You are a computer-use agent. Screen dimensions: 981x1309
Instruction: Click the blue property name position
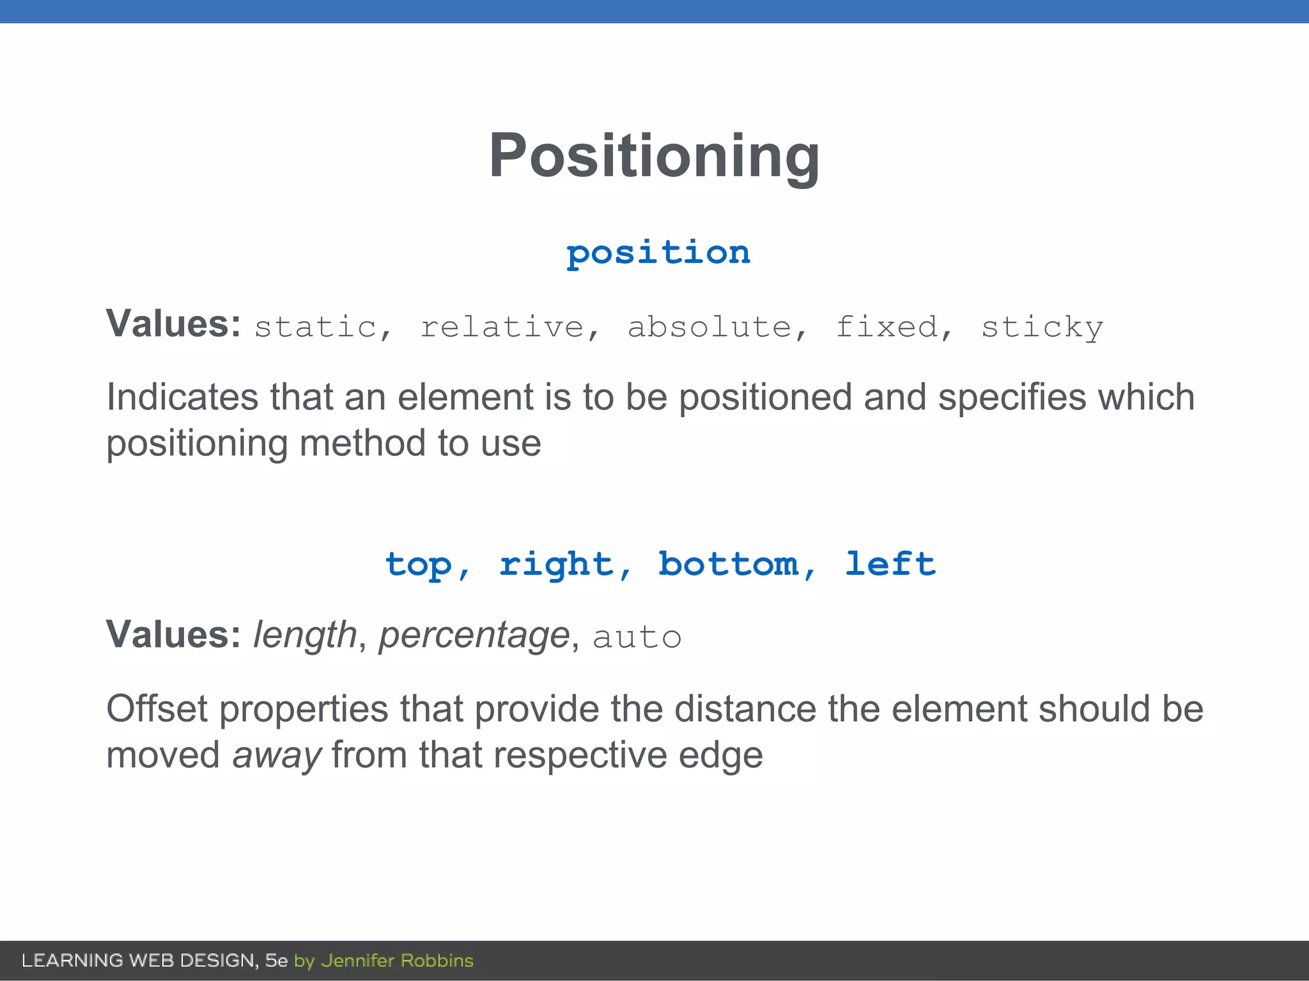point(658,253)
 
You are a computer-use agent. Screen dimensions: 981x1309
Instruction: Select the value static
point(315,327)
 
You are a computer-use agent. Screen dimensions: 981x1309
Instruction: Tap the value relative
point(502,327)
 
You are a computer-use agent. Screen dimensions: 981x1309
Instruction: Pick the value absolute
point(709,327)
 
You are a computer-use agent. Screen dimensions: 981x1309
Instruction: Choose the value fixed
point(887,327)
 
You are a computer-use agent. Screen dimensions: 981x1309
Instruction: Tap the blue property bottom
point(729,564)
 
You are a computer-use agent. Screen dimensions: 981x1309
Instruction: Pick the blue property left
point(890,564)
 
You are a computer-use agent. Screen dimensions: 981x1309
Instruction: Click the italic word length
point(305,635)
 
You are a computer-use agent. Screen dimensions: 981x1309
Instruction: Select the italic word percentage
point(474,635)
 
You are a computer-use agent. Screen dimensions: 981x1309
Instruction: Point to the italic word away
point(276,756)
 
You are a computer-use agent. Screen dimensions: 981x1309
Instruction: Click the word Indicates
point(182,397)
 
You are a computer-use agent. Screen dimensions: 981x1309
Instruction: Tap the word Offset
point(157,709)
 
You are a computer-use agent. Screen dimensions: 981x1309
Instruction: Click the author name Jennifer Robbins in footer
point(397,961)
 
